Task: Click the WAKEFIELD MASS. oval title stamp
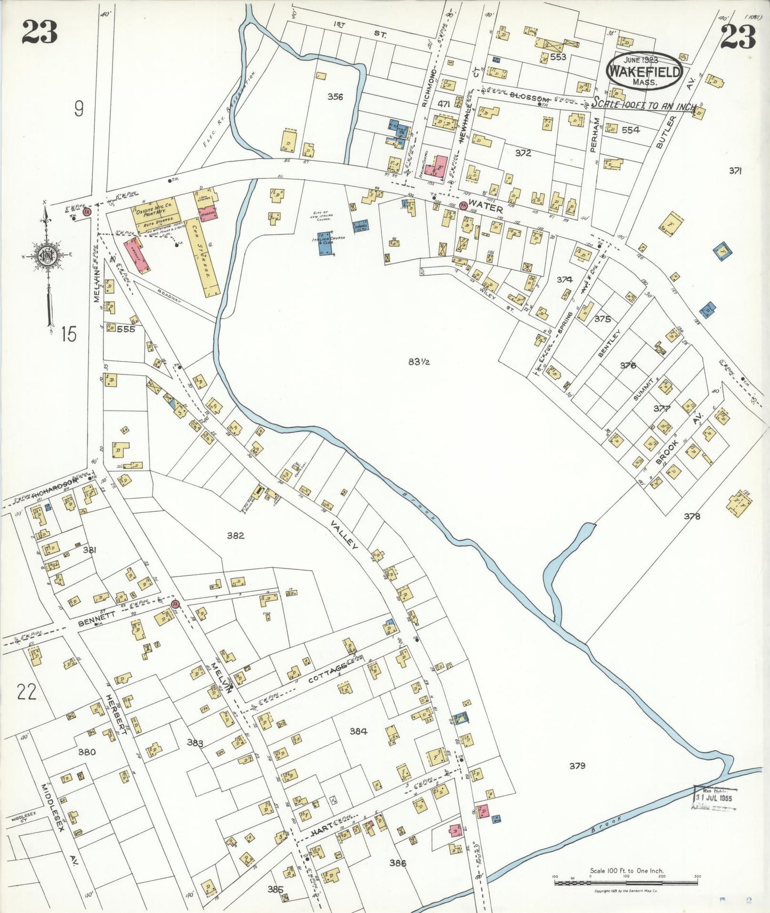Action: click(645, 71)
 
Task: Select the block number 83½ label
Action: click(419, 362)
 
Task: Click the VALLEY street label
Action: click(343, 534)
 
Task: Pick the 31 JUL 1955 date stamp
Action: click(715, 798)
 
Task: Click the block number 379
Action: click(577, 765)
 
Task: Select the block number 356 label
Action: click(335, 96)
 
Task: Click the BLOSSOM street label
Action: click(529, 99)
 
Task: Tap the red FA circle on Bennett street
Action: click(175, 604)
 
